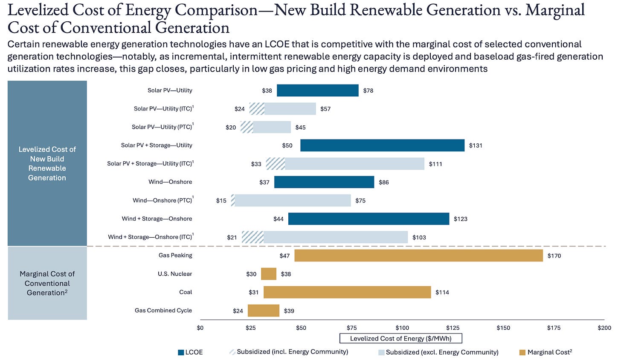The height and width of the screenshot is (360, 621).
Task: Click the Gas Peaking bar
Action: pyautogui.click(x=418, y=255)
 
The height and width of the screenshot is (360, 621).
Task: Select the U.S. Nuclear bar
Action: pyautogui.click(x=269, y=274)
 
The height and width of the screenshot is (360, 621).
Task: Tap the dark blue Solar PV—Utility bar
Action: pyautogui.click(x=318, y=90)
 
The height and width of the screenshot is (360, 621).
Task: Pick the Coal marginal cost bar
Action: pyautogui.click(x=347, y=292)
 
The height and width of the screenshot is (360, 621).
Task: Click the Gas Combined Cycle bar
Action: pyautogui.click(x=264, y=311)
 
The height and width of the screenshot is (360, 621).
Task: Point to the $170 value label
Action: pyautogui.click(x=554, y=256)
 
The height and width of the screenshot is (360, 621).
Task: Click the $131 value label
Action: pyautogui.click(x=476, y=145)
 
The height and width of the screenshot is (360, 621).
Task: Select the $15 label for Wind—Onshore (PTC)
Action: pyautogui.click(x=221, y=200)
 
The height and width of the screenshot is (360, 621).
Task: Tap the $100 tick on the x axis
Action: pyautogui.click(x=402, y=328)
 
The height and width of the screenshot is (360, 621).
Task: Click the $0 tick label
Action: pyautogui.click(x=200, y=328)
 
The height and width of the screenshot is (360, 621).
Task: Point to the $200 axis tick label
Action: pyautogui.click(x=604, y=328)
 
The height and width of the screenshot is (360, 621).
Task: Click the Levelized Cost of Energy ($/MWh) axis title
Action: pyautogui.click(x=400, y=339)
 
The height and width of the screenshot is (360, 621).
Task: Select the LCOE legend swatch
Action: pyautogui.click(x=181, y=352)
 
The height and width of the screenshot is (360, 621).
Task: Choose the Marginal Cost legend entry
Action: pyautogui.click(x=546, y=352)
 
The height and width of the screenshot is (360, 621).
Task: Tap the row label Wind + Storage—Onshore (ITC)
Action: pyautogui.click(x=151, y=237)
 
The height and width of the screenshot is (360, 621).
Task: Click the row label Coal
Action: pyautogui.click(x=186, y=292)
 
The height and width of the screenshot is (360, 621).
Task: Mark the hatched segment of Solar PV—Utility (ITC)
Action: pyautogui.click(x=257, y=109)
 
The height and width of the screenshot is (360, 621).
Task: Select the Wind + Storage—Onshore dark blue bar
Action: pyautogui.click(x=369, y=219)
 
